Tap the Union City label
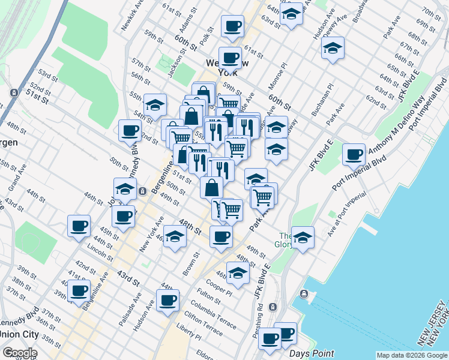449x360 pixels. point(19,334)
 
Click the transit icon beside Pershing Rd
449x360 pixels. point(273,307)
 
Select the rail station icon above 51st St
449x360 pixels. point(13,93)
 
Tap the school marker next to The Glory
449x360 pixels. point(303,238)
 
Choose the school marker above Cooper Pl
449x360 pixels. point(238,272)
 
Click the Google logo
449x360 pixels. point(20,353)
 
